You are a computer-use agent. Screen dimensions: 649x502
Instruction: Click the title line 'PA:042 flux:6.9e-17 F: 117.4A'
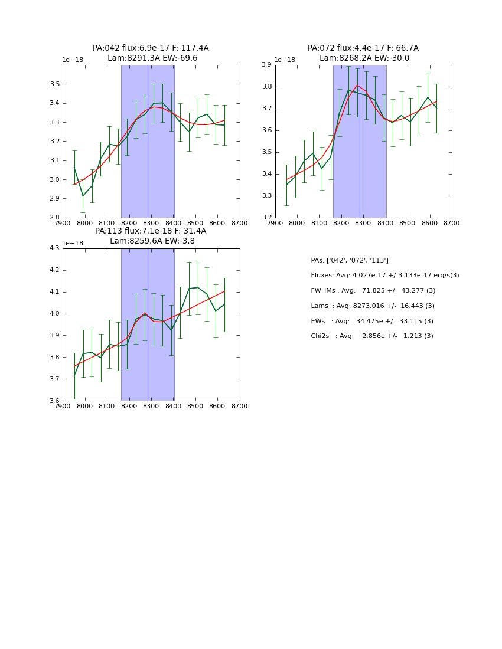point(151,48)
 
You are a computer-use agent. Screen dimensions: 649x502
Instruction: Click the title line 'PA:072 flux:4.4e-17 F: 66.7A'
point(363,48)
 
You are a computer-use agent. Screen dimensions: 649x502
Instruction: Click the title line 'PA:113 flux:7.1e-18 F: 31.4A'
point(151,231)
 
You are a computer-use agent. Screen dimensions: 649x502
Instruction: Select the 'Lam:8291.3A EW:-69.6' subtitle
point(152,58)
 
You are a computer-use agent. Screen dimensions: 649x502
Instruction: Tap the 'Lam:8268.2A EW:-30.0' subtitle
point(364,58)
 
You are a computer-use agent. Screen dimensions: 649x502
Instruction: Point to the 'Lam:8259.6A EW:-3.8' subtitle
point(152,241)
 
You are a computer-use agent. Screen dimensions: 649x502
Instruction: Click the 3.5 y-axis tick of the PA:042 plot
point(54,84)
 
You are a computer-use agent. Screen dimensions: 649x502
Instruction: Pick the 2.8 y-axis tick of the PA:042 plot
point(54,218)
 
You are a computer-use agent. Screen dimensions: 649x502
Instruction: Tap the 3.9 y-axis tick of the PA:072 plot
point(266,65)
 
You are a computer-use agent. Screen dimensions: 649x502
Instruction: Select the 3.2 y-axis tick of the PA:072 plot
point(266,218)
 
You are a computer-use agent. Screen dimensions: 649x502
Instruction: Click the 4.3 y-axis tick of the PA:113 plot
point(54,248)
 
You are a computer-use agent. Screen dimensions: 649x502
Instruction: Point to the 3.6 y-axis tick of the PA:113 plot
point(54,401)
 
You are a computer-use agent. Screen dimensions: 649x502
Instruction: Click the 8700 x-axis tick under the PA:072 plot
point(451,223)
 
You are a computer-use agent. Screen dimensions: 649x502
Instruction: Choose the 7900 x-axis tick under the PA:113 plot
point(63,406)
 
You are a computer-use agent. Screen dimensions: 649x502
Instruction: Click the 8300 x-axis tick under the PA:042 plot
point(151,223)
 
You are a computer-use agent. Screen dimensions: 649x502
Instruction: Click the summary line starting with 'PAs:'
point(350,260)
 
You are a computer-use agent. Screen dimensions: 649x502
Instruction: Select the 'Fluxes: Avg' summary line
point(384,276)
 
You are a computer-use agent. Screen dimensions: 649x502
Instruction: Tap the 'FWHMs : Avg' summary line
point(373,291)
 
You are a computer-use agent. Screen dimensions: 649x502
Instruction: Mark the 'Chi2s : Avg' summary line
point(371,336)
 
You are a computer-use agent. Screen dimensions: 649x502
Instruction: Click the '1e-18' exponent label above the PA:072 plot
point(285,60)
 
